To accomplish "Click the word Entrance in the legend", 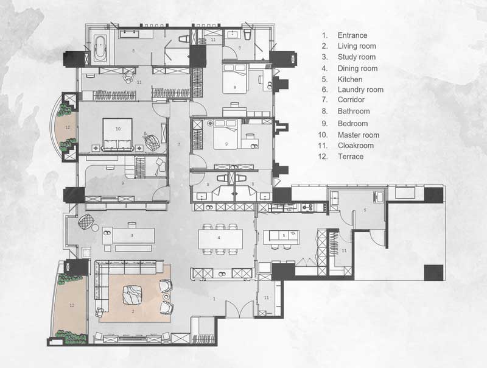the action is click(x=352, y=35).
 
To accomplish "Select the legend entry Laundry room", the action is click(x=360, y=90).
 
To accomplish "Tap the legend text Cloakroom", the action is click(x=356, y=146).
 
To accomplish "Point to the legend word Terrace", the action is click(x=351, y=157).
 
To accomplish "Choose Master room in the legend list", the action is click(x=359, y=135).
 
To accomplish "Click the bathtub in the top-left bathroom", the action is click(x=100, y=48).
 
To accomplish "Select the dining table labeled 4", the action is click(x=220, y=239).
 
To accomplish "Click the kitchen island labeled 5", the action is click(x=281, y=237).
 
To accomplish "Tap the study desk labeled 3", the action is click(x=133, y=235).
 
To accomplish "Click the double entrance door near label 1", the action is click(x=239, y=309).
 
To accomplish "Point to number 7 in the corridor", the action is click(x=179, y=144).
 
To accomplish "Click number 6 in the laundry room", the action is click(x=365, y=210).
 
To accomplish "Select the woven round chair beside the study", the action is click(x=86, y=222).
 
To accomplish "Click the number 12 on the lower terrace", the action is click(x=72, y=305).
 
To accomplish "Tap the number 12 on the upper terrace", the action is click(x=68, y=127).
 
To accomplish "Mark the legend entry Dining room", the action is click(x=357, y=68).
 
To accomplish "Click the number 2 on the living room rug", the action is click(x=133, y=311).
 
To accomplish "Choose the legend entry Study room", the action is click(x=357, y=57).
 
